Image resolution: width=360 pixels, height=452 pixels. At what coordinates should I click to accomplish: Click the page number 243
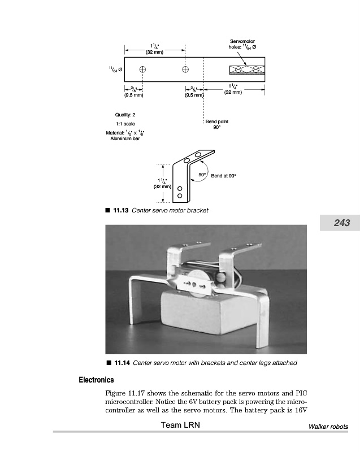click(341, 223)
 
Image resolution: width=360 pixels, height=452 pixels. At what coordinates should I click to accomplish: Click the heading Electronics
click(96, 380)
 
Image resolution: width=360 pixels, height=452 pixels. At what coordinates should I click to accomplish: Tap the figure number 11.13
click(121, 210)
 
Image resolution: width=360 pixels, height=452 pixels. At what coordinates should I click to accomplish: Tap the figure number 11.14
click(122, 363)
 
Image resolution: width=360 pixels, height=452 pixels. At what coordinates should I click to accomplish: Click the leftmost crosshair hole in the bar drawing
click(142, 69)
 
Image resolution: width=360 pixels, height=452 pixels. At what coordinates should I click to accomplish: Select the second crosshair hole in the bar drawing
click(185, 69)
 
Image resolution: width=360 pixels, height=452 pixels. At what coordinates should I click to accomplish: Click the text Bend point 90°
click(217, 124)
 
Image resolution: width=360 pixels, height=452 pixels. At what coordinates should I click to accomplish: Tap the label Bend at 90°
click(223, 176)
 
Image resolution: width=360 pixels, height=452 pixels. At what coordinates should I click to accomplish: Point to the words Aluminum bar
click(125, 138)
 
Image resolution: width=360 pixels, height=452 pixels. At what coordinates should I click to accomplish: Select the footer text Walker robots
click(328, 427)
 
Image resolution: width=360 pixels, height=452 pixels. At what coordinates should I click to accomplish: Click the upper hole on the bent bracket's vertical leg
click(180, 188)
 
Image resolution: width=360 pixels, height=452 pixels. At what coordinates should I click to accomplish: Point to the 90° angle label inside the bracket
click(201, 175)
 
